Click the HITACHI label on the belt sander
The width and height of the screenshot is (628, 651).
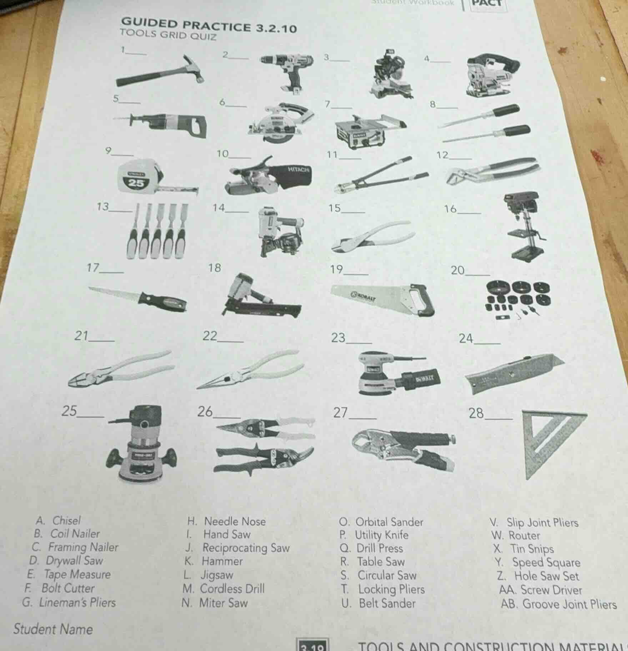tap(298, 170)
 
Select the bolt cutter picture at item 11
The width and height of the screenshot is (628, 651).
tap(380, 175)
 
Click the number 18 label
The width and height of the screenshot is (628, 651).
tap(215, 268)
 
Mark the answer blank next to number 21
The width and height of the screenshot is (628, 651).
tap(103, 339)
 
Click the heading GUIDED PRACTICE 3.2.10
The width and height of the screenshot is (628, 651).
tap(209, 26)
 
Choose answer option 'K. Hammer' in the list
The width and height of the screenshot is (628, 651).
tap(214, 561)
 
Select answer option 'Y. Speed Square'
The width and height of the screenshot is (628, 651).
tap(538, 562)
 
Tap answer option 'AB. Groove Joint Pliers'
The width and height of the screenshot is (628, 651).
tap(558, 604)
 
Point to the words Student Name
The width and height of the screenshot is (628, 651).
tap(53, 629)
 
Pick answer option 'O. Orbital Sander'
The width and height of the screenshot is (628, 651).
tap(381, 522)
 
